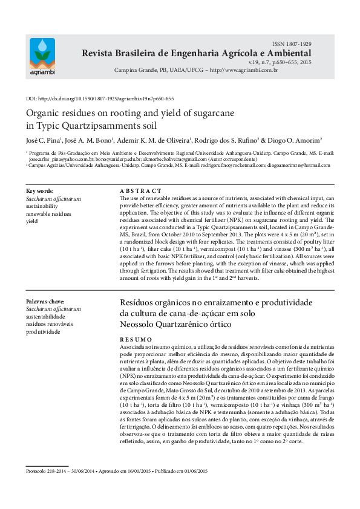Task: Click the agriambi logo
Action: [x=42, y=57]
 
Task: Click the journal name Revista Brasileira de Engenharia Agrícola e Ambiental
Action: [x=197, y=54]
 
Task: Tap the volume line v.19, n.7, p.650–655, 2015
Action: [x=280, y=62]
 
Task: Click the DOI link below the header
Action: [x=100, y=99]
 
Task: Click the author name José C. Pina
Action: [x=42, y=140]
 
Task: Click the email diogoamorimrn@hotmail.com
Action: [x=296, y=164]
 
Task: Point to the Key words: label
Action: [x=40, y=190]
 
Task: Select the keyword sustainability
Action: [x=42, y=206]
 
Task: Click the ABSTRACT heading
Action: [x=140, y=190]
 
